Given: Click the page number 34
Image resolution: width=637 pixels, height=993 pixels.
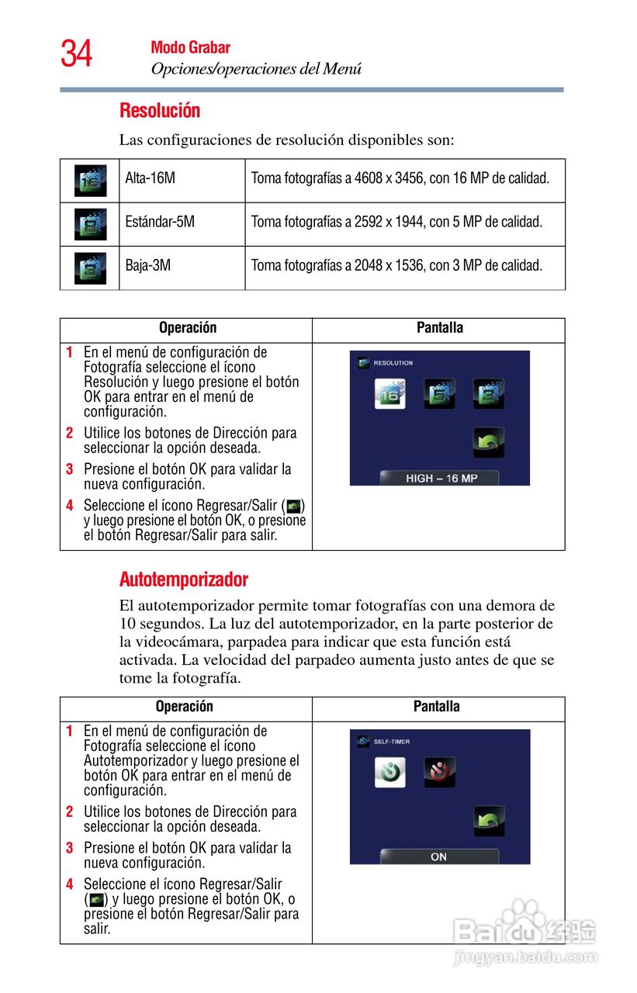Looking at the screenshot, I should point(76,54).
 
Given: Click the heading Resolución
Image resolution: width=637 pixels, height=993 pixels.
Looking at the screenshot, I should point(160,111).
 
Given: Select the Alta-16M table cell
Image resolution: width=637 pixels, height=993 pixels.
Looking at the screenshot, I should point(151,178).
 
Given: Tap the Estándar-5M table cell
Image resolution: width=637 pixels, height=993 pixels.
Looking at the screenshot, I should point(160,222).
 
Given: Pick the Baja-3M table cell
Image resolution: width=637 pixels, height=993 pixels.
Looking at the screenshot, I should point(148,265).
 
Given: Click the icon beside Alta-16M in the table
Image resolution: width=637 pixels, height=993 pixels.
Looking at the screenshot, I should point(90,180).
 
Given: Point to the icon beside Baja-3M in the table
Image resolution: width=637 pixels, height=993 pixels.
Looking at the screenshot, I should point(90,268).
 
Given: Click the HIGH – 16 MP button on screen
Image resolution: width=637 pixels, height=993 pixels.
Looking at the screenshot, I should point(440,478).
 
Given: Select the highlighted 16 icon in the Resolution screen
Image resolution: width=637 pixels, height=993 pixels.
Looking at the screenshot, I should point(390,393).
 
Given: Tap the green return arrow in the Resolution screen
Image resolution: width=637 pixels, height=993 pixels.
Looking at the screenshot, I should point(489,442).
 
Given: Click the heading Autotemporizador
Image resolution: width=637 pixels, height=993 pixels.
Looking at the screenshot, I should point(184,580).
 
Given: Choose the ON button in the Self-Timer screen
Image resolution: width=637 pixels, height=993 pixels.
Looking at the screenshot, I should point(438,856).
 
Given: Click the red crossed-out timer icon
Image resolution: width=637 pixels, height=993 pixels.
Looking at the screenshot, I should point(440,772).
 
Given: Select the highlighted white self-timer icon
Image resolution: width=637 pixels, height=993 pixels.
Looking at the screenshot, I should point(390,772).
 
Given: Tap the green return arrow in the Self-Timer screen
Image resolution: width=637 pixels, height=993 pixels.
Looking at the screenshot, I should point(489,821).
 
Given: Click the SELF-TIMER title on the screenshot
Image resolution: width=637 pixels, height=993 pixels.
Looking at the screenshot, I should point(391,742).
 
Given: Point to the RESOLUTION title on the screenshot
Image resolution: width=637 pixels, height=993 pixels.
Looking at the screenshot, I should point(393,363).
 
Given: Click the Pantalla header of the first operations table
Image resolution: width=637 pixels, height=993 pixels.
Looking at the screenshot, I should point(439,328).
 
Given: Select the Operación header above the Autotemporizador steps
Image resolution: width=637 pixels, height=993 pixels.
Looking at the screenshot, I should point(184,707).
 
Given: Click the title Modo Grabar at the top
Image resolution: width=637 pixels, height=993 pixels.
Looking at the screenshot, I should point(190,48).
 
